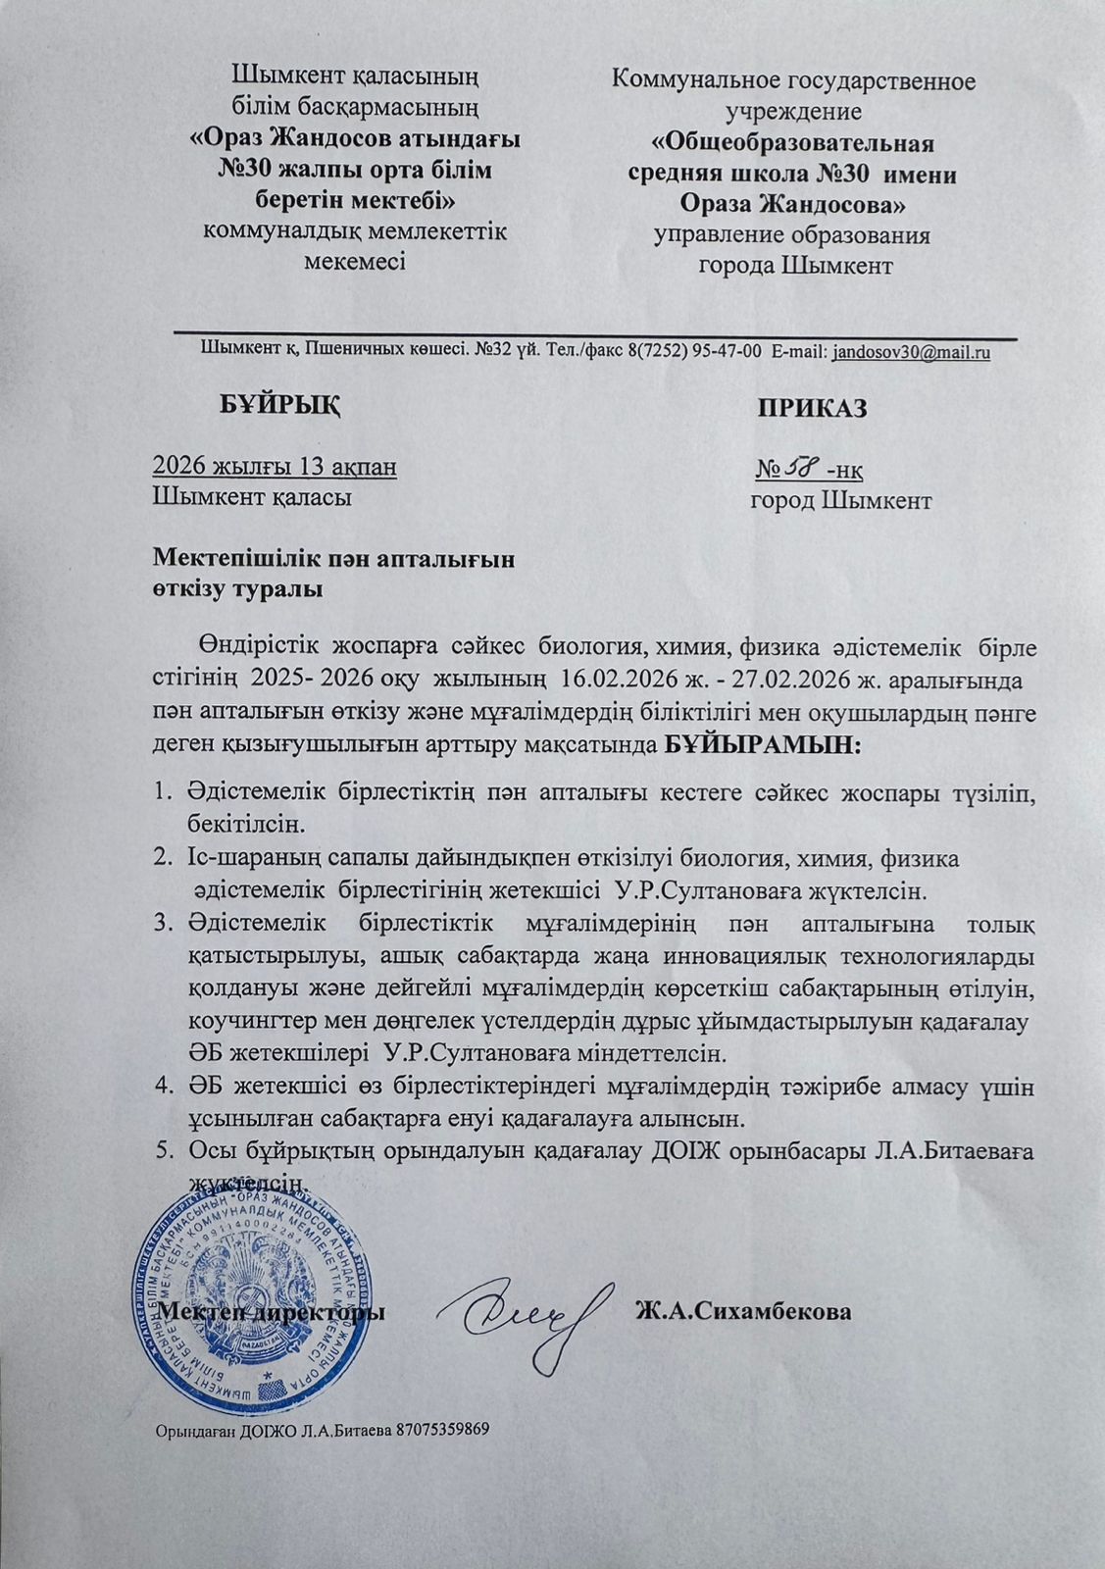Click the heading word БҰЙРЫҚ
tap(277, 404)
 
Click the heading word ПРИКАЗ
tap(812, 409)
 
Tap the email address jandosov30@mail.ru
tap(911, 353)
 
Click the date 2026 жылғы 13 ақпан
tap(275, 467)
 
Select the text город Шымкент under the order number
tap(841, 501)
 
